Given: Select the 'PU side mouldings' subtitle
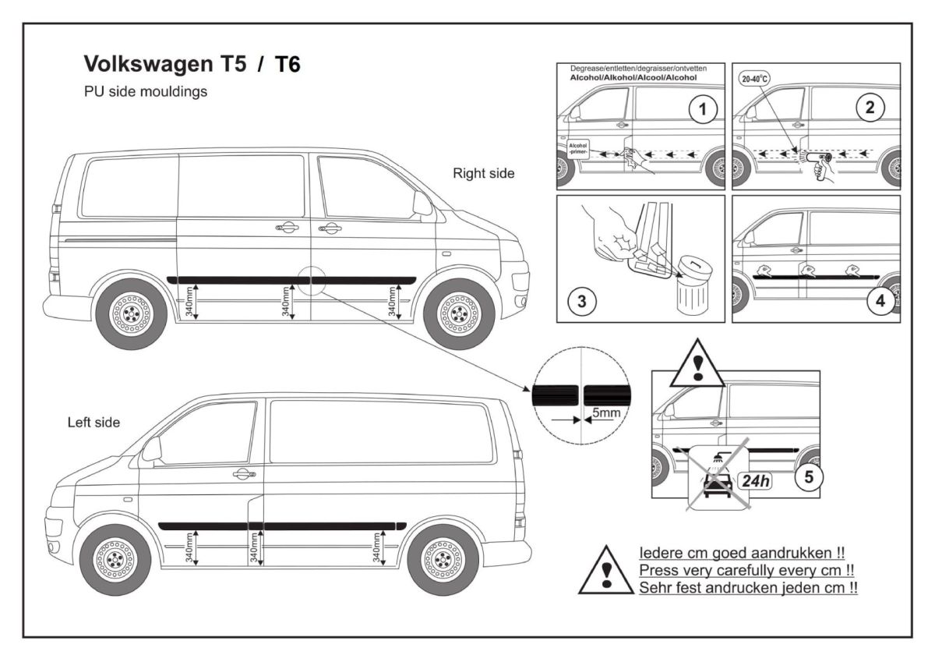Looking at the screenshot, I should (x=145, y=91).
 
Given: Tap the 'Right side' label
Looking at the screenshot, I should (x=483, y=174).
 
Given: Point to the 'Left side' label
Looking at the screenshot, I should (x=93, y=423).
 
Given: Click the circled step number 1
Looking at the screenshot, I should (x=702, y=110).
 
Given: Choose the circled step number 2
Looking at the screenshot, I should (x=870, y=109).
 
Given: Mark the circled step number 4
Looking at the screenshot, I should (x=881, y=301).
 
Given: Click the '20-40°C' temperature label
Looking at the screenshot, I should (x=753, y=79).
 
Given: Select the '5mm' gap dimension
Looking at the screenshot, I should (x=601, y=410).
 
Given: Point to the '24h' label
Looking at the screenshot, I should (x=755, y=480).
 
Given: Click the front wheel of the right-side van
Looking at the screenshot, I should (x=458, y=313).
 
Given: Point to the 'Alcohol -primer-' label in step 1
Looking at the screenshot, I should (x=578, y=148).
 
